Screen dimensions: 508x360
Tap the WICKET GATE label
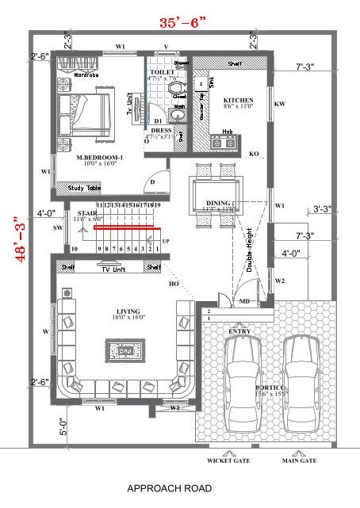point(228,460)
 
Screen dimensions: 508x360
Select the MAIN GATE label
point(299,460)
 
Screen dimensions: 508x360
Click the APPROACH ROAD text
point(170,489)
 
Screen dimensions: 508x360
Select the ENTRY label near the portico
point(239,330)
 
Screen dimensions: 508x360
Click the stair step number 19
point(157,205)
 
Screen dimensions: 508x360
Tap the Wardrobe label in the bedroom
point(86,75)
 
